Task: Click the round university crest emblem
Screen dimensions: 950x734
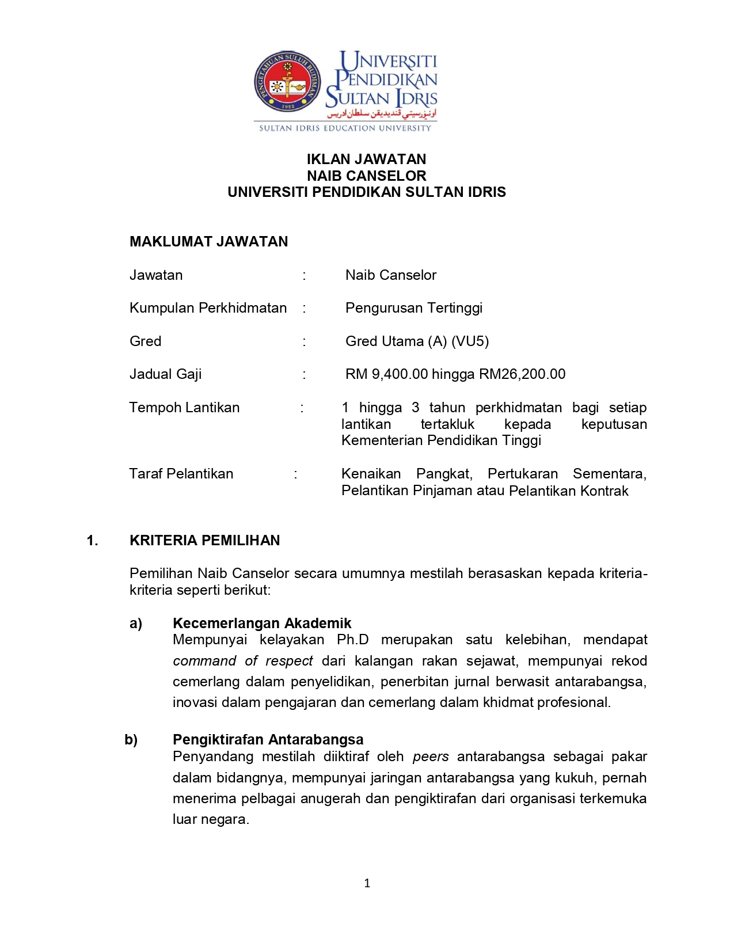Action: tap(288, 82)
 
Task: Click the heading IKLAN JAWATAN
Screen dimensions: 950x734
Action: tap(366, 159)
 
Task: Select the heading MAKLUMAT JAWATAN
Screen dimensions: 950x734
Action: tap(208, 241)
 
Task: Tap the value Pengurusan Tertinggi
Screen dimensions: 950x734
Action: tap(413, 308)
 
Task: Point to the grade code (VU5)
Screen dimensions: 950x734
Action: tap(470, 341)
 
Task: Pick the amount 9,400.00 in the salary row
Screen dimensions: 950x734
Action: tap(400, 374)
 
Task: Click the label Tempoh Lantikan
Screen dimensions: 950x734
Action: tap(184, 408)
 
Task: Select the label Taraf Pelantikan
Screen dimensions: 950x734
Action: tap(181, 474)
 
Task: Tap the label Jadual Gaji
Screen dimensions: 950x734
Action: tap(165, 374)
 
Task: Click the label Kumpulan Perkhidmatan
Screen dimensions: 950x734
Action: tap(208, 308)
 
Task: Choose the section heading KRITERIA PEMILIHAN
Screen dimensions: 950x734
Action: tap(204, 540)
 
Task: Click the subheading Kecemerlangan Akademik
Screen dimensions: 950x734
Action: tap(262, 623)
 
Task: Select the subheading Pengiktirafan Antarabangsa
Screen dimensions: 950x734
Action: tap(268, 739)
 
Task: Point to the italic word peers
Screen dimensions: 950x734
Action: tap(431, 757)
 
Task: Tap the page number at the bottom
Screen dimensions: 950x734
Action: tap(367, 883)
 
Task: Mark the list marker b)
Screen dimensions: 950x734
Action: tap(131, 739)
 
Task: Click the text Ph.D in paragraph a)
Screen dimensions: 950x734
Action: tap(352, 640)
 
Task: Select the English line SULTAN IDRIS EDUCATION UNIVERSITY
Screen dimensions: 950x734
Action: tap(345, 128)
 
